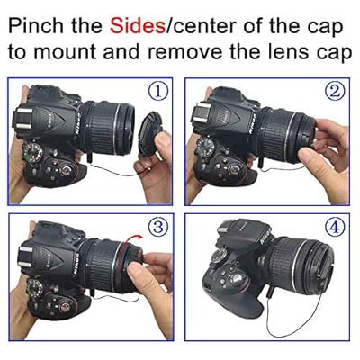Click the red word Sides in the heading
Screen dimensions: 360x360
pos(138,25)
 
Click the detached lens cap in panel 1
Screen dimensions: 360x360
pos(150,133)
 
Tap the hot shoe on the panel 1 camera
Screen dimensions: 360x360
pos(23,118)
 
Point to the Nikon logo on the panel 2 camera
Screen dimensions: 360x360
pos(251,123)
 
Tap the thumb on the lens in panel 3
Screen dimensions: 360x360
pos(137,271)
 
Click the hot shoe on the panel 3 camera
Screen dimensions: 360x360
pos(26,253)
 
